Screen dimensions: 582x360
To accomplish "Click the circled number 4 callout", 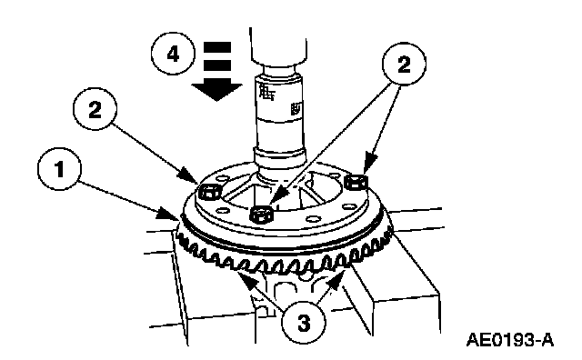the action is [x=173, y=54].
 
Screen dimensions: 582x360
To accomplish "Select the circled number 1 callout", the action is [x=59, y=169].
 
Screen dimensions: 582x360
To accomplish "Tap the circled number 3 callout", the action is [x=304, y=323].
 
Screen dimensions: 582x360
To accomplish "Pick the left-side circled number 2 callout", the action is [x=95, y=109].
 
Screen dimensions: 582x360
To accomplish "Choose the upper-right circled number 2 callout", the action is [x=404, y=64].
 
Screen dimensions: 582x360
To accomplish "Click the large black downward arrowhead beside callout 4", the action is [x=216, y=91].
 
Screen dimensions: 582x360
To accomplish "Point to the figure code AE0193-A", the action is [x=509, y=340].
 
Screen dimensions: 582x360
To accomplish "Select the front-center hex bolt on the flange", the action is [x=262, y=215].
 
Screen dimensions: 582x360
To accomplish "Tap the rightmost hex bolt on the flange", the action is [x=356, y=182].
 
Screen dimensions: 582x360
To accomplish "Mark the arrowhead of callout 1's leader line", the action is [x=167, y=214].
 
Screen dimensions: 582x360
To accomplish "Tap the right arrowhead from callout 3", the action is [x=337, y=279].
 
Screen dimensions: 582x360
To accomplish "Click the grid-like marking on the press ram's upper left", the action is [x=266, y=91].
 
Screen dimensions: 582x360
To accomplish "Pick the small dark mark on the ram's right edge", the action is [x=296, y=109].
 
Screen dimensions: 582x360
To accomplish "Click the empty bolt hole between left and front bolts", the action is [x=224, y=210].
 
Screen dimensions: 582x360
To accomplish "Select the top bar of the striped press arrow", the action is [x=216, y=47].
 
